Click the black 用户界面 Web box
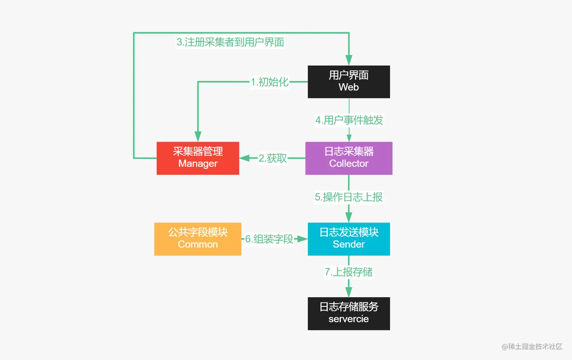point(348,81)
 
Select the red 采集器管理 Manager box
point(197,158)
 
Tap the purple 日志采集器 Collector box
point(348,158)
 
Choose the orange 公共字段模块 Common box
point(197,239)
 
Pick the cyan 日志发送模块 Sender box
point(348,239)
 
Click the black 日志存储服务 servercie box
point(348,313)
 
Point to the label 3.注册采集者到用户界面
point(230,42)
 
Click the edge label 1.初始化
point(269,82)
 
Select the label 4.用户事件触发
point(349,120)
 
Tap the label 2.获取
point(272,158)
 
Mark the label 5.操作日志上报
point(348,197)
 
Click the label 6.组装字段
point(269,239)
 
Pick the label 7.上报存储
point(348,272)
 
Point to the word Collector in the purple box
point(348,164)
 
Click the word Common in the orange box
point(197,245)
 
